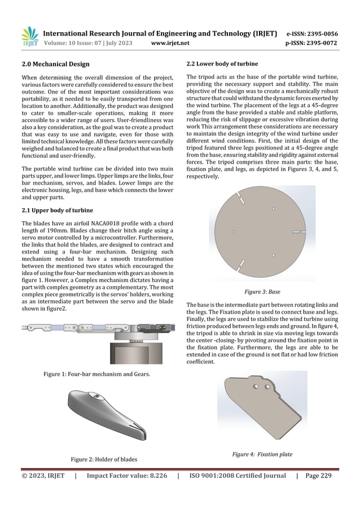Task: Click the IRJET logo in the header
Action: (29, 35)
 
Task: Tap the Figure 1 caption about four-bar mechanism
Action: (93, 374)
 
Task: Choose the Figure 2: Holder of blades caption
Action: (102, 460)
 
